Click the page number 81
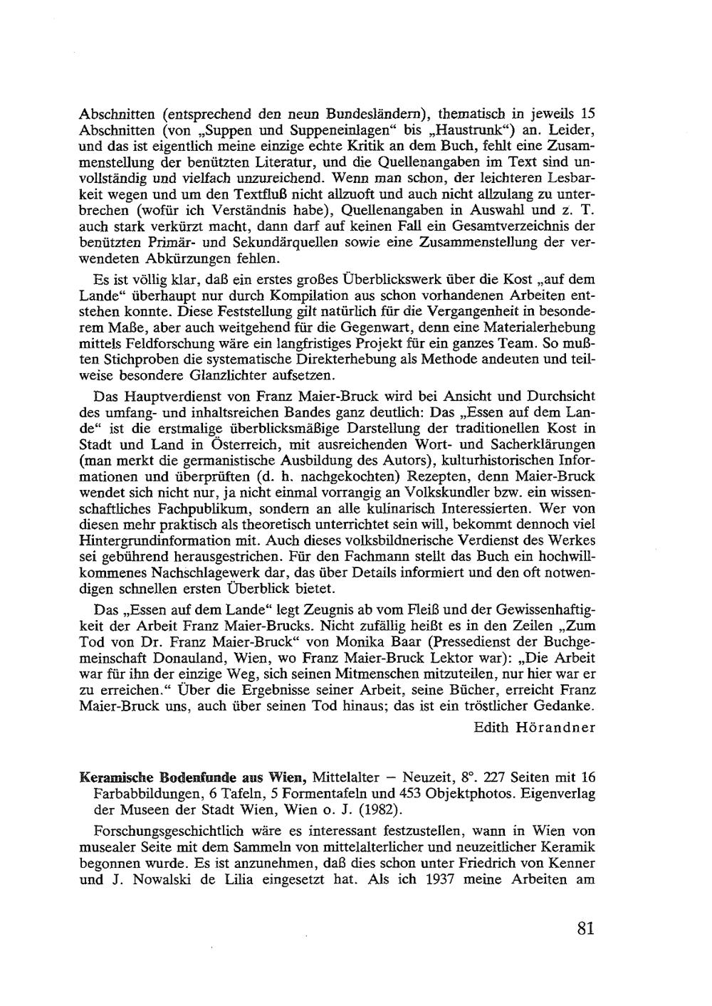pyautogui.click(x=586, y=928)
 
